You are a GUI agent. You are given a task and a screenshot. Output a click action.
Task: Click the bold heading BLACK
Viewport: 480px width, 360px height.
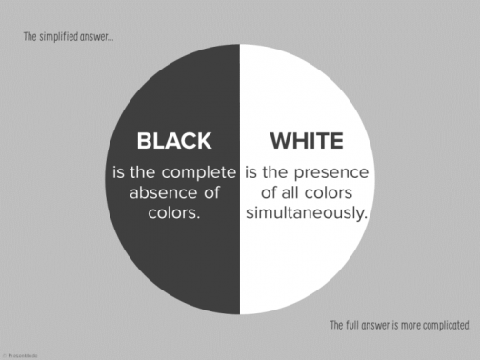point(173,142)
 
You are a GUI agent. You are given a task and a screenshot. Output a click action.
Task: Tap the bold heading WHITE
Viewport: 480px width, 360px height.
point(306,142)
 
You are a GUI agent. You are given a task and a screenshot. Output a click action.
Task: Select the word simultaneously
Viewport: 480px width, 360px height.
point(306,213)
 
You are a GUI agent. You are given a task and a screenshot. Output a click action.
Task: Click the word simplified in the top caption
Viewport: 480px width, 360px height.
point(65,38)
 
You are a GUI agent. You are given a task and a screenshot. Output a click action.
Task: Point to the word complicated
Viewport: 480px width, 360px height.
point(445,325)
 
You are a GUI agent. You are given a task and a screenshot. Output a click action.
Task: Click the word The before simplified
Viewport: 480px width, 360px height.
point(32,38)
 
